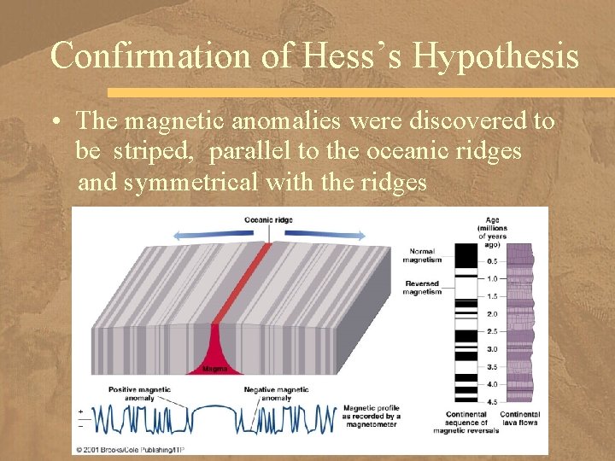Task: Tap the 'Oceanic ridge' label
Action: click(x=267, y=219)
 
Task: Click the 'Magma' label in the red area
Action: click(x=214, y=369)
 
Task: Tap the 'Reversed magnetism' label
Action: click(x=423, y=288)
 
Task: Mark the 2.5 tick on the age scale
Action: click(x=491, y=331)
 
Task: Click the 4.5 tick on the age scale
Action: click(x=491, y=401)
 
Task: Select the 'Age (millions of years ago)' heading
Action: click(x=493, y=230)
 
